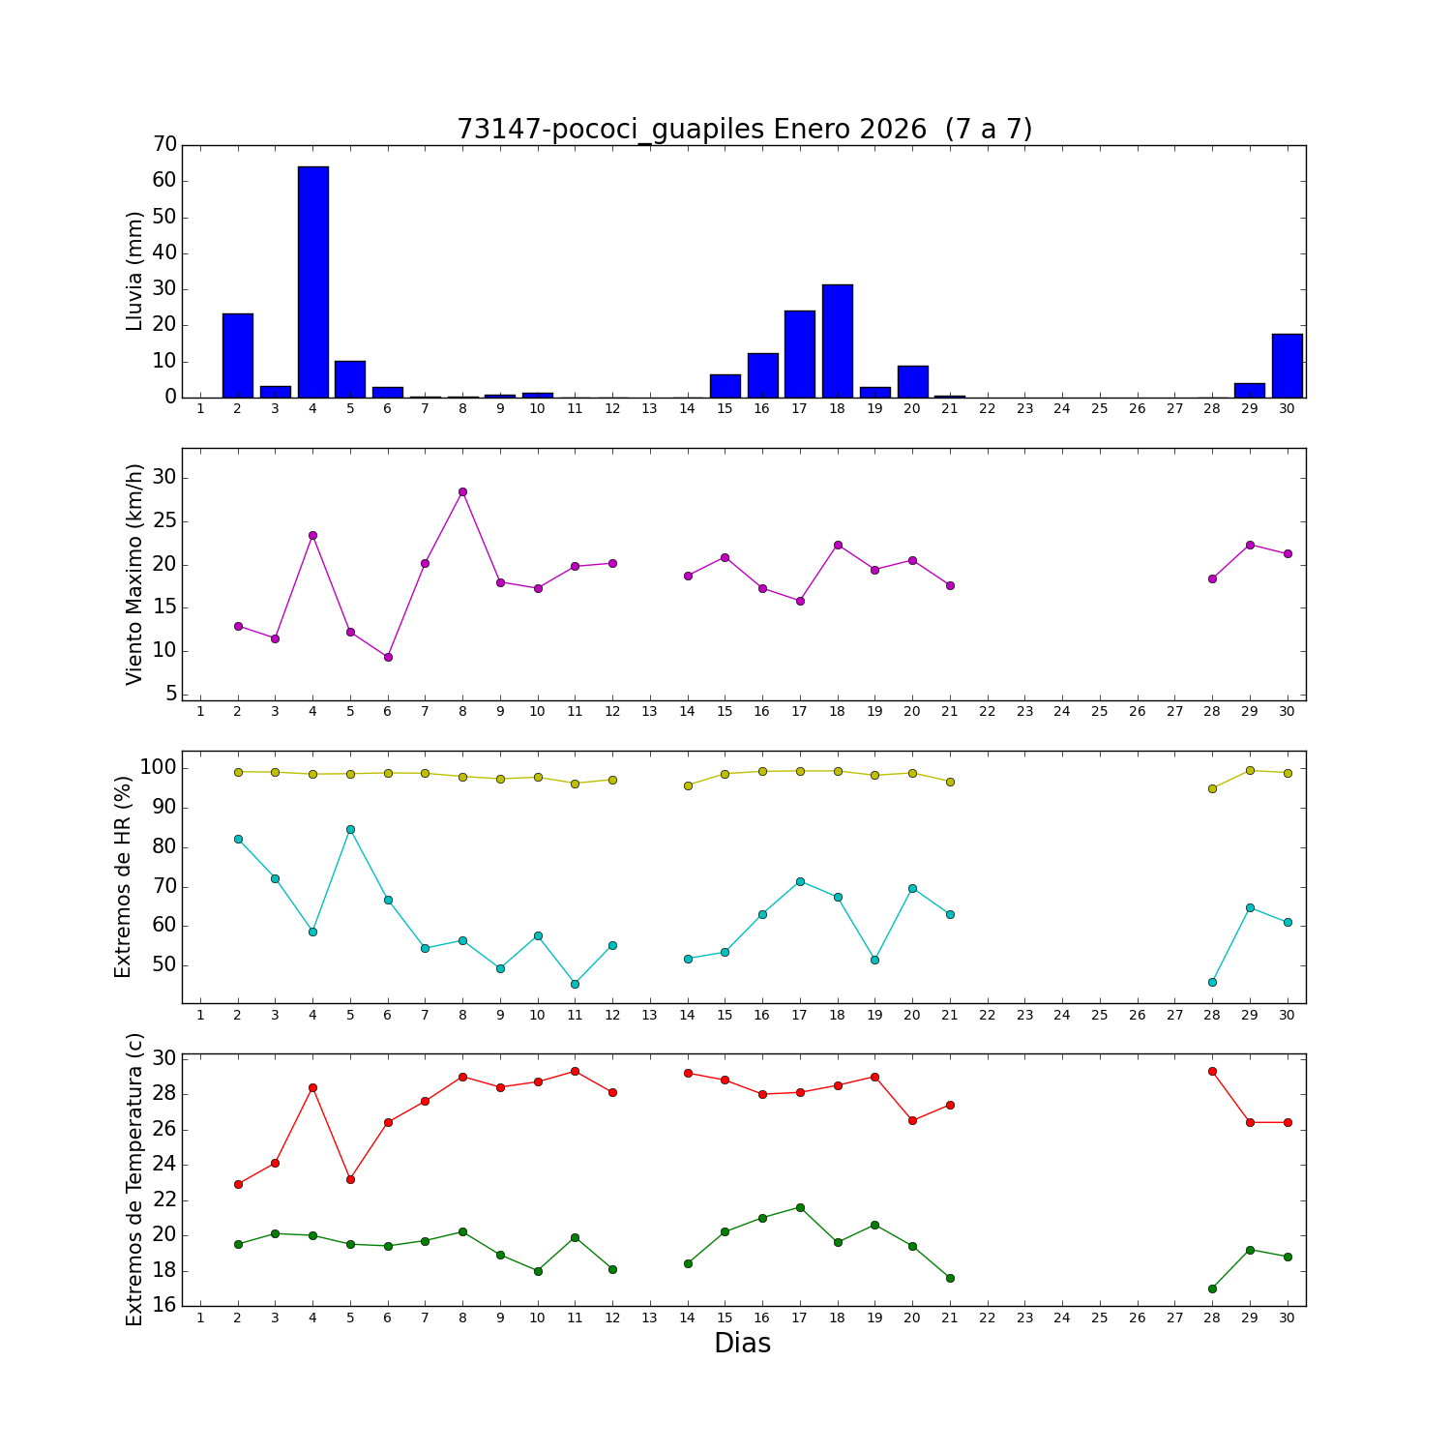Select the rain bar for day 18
[837, 341]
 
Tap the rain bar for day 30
[1287, 366]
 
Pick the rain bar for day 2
[238, 355]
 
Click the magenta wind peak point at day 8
[462, 491]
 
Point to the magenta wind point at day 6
[388, 657]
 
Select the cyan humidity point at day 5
[350, 829]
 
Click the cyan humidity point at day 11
[575, 984]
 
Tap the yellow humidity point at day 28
[1212, 788]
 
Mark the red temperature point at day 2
[238, 1184]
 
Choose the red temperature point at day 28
[1212, 1071]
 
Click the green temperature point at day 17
[800, 1207]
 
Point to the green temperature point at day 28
[1212, 1288]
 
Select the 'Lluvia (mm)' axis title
[134, 271]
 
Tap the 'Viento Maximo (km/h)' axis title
[134, 574]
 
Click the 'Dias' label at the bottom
[742, 1344]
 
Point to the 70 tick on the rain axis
[165, 145]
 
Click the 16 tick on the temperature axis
[165, 1306]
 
